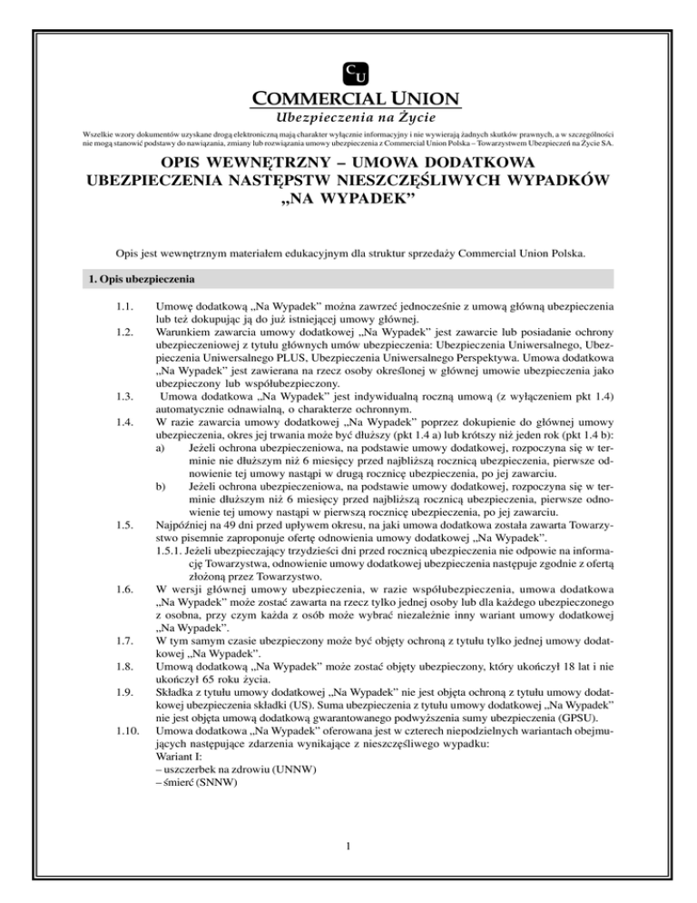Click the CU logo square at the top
point(348,73)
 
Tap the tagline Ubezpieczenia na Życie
point(348,117)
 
